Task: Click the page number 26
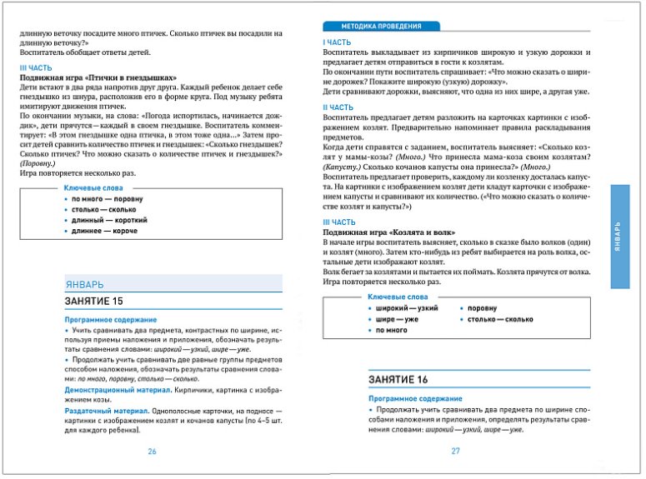pyautogui.click(x=152, y=451)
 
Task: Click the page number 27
pyautogui.click(x=455, y=451)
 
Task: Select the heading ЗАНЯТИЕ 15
pyautogui.click(x=98, y=300)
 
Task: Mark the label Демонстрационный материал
pyautogui.click(x=110, y=390)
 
